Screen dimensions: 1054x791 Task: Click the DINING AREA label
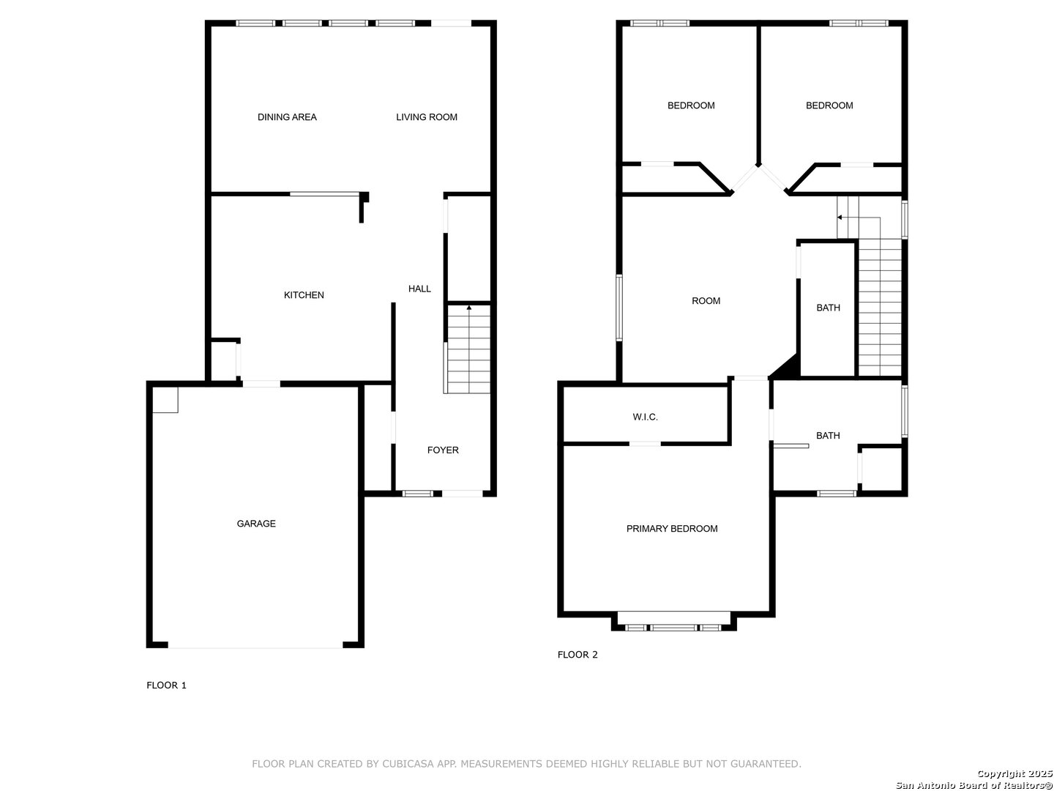click(x=287, y=116)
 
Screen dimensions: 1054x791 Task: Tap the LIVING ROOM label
click(x=427, y=116)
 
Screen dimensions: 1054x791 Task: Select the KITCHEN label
click(x=304, y=295)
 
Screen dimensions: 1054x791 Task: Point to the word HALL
click(x=419, y=289)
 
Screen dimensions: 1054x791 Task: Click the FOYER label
click(x=443, y=450)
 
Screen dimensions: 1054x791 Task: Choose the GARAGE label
click(x=256, y=524)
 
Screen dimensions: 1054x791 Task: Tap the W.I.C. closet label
click(x=645, y=417)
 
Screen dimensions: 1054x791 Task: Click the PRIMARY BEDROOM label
click(x=672, y=529)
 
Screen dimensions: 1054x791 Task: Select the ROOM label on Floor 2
click(x=706, y=300)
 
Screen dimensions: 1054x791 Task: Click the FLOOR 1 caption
click(x=166, y=686)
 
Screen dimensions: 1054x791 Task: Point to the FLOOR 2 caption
click(x=578, y=655)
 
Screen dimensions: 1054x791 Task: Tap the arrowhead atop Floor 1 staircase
click(x=468, y=308)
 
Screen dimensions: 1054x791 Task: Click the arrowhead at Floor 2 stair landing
click(x=840, y=218)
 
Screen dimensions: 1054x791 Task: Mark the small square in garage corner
click(x=165, y=400)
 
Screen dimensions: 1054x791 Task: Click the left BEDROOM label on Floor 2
click(x=690, y=105)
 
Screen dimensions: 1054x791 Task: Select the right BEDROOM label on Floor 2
click(x=829, y=105)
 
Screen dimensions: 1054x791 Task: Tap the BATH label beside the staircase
click(x=828, y=308)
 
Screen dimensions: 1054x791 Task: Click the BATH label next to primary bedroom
click(x=828, y=436)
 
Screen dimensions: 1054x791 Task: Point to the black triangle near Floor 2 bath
click(x=788, y=368)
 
